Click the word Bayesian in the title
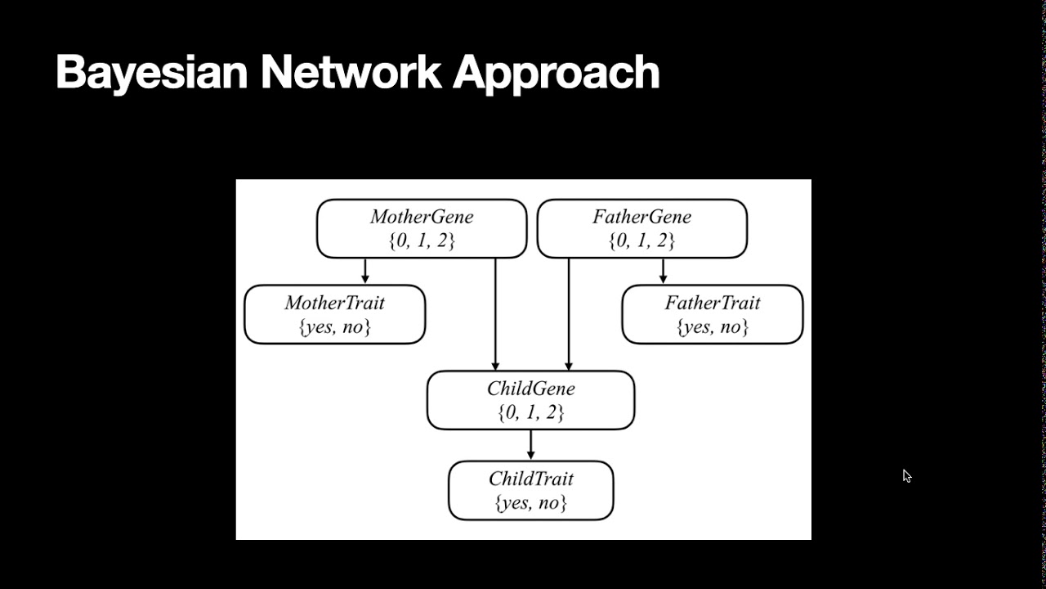[151, 72]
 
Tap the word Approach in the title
[556, 74]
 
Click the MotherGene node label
[422, 217]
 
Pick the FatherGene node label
[641, 217]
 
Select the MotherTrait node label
[334, 303]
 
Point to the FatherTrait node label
[712, 303]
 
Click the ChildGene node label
[530, 389]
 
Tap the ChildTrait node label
[530, 479]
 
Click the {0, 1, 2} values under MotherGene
[422, 241]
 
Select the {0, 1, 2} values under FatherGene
[641, 241]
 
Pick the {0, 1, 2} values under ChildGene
[530, 413]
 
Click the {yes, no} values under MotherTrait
[334, 327]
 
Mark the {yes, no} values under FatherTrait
[712, 327]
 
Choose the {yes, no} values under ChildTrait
[530, 503]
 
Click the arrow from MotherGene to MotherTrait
[365, 272]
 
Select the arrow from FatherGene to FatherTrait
[663, 272]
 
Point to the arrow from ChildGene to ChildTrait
[531, 445]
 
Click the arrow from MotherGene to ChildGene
[495, 315]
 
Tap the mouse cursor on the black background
[906, 476]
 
